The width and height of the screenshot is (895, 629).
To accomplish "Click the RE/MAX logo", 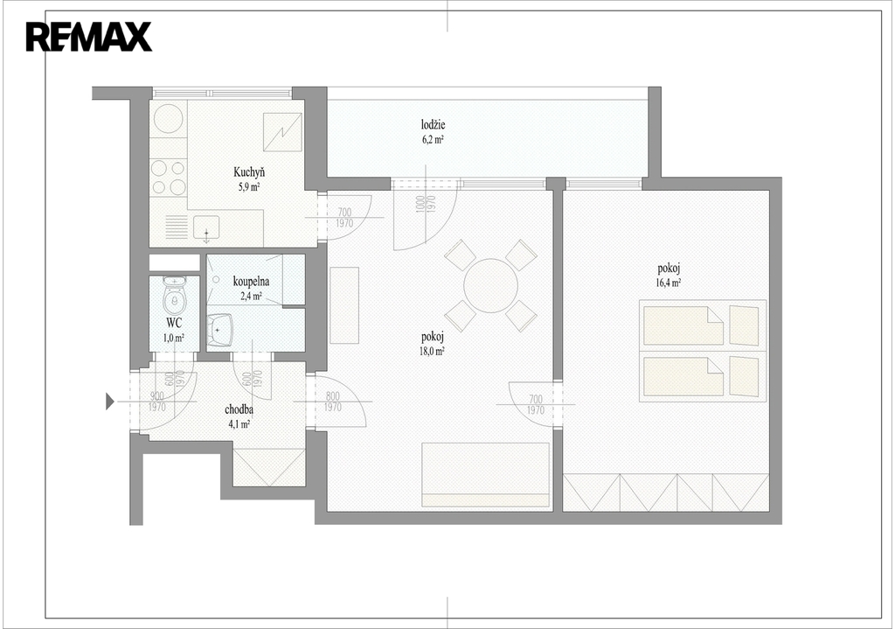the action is (88, 37).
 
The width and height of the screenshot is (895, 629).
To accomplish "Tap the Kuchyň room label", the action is (249, 172).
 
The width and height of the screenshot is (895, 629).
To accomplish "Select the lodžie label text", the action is (434, 124).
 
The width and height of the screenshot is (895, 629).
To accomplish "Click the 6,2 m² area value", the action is (434, 139).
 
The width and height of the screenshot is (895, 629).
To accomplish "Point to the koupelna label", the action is (251, 282).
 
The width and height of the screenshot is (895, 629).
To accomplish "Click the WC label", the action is (174, 324).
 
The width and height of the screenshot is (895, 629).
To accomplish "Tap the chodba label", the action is (239, 409).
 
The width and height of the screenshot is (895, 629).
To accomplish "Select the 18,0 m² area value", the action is (432, 352).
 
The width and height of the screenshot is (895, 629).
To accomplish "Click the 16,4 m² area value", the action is (669, 283).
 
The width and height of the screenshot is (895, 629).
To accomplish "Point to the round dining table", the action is (490, 286).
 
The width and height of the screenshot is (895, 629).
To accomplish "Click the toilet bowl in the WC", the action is (174, 297).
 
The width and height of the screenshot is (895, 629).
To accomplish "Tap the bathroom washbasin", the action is (219, 330).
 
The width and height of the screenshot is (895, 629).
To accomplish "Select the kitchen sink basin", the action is (206, 227).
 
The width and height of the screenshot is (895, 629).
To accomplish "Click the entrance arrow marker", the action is (110, 402).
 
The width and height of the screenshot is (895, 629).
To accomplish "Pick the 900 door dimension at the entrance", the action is (157, 396).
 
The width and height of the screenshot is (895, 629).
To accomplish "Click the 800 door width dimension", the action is (332, 396).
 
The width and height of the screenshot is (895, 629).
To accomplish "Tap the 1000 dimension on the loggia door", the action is (420, 204).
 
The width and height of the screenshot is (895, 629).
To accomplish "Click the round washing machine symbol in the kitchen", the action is (169, 117).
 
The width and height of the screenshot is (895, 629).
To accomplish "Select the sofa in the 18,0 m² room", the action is (485, 475).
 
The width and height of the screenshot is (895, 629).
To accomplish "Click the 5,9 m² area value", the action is (249, 187).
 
